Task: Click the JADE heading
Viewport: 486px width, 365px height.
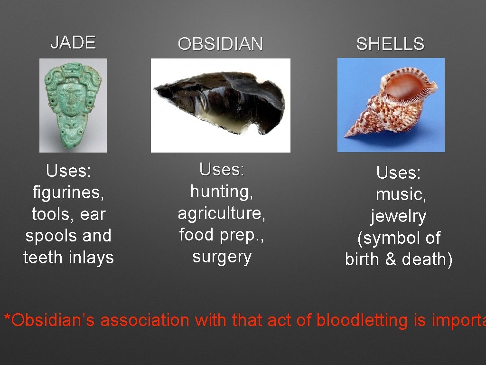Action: (73, 42)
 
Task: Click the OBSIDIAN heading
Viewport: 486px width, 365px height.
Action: (220, 44)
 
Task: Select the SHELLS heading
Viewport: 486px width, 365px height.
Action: (390, 44)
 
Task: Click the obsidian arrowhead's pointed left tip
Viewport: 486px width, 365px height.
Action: (155, 90)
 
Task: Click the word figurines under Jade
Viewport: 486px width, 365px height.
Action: (68, 192)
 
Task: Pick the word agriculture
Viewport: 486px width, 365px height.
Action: (222, 213)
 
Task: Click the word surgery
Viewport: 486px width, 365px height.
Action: (222, 257)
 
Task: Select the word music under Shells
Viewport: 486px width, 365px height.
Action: (400, 194)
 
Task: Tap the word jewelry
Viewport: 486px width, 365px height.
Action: (399, 216)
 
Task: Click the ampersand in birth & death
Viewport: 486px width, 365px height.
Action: (391, 259)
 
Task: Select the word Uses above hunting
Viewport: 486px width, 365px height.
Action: (222, 169)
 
